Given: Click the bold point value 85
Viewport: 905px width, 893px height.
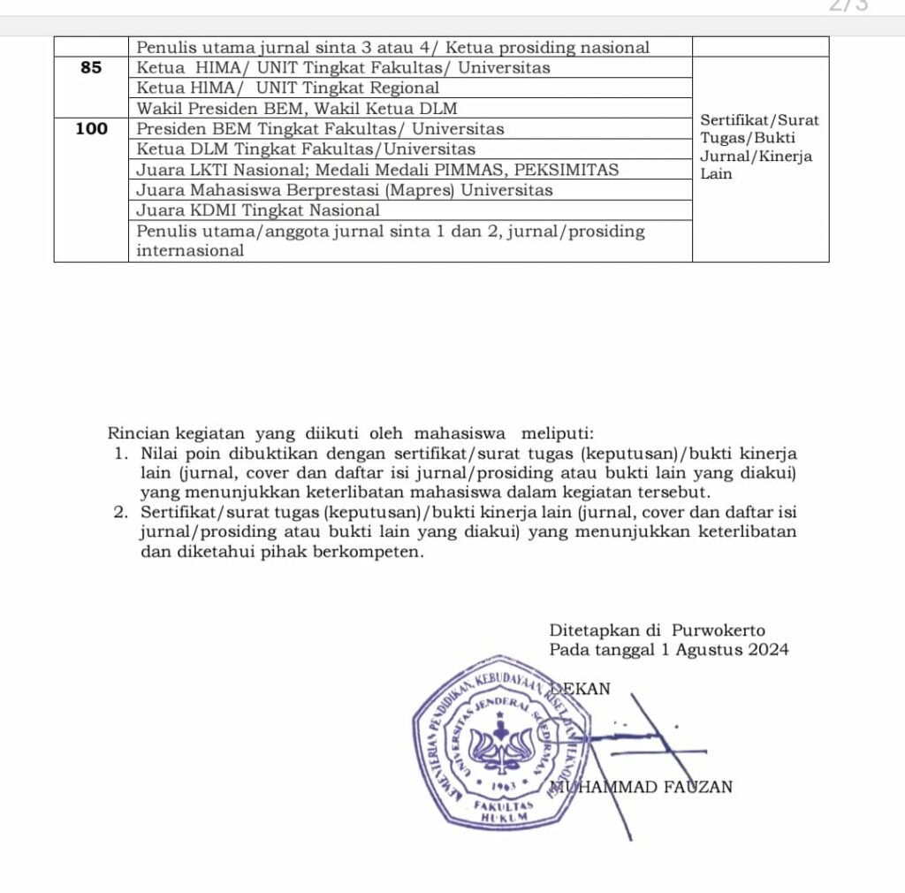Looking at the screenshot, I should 91,68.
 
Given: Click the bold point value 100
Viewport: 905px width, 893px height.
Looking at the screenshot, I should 91,129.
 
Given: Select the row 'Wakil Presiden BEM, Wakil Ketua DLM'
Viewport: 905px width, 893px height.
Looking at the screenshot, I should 297,109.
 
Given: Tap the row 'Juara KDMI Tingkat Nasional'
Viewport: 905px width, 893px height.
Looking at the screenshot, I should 258,210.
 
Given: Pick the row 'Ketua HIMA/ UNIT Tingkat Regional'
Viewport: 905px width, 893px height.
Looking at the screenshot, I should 288,88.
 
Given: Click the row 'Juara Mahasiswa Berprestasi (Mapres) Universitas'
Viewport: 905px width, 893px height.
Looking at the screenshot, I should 345,190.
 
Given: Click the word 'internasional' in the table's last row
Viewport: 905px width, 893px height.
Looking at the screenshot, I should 190,251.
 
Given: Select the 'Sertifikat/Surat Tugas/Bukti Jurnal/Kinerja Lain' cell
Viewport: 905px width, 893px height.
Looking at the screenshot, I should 759,147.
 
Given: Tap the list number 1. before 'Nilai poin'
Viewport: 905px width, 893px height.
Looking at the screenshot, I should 121,454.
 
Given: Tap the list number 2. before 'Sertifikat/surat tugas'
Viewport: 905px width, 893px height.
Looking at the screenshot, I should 121,513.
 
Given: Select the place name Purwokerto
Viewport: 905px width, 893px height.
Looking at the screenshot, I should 718,631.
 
